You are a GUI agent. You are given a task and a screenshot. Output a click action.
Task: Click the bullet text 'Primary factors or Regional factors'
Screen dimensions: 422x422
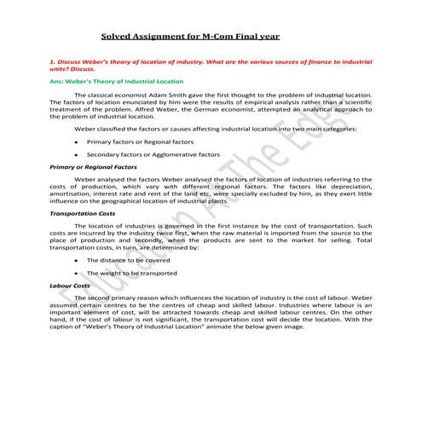click(x=141, y=141)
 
